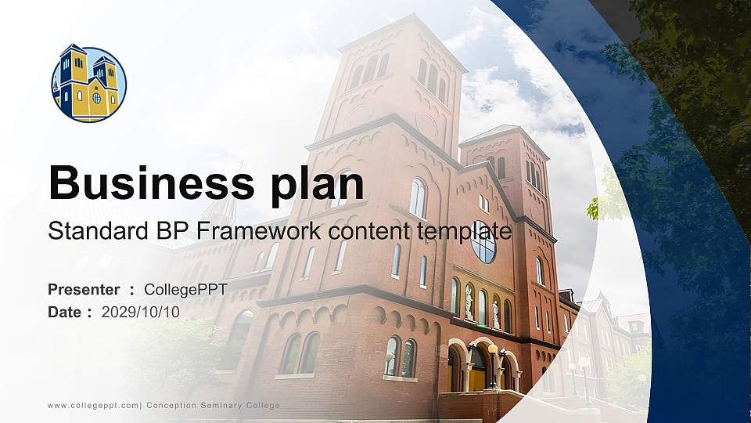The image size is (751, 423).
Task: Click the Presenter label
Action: click(x=84, y=290)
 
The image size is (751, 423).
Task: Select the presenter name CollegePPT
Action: click(x=185, y=290)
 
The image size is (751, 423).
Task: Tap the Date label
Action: click(x=64, y=312)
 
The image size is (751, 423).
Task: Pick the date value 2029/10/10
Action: click(x=141, y=312)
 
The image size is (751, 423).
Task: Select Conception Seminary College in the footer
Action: click(x=213, y=405)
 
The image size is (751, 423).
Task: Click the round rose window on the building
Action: click(x=483, y=242)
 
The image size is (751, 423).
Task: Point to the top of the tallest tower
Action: click(x=401, y=23)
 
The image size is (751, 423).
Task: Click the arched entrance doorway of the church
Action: click(x=478, y=368)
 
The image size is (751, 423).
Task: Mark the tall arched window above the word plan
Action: click(x=418, y=198)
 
